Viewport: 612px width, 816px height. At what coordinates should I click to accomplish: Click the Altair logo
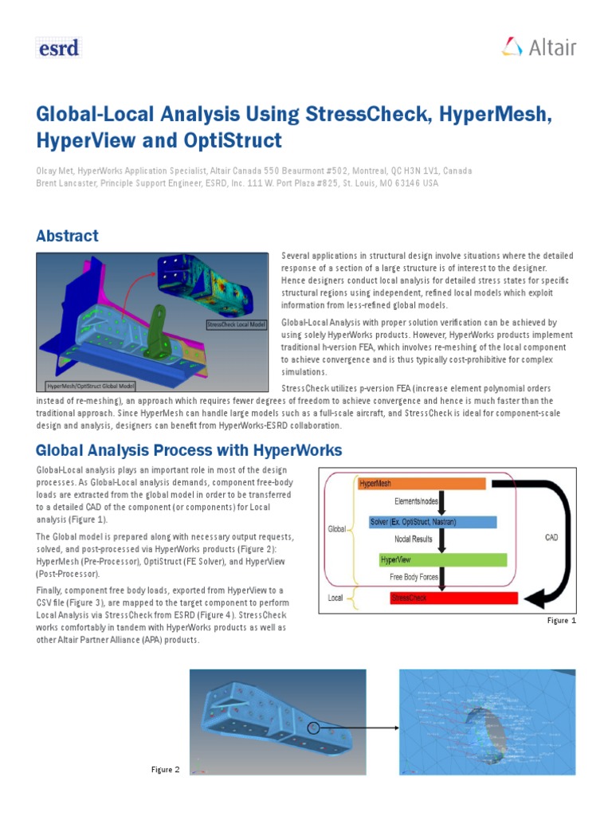pos(539,47)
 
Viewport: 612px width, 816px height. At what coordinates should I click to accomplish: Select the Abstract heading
pos(68,236)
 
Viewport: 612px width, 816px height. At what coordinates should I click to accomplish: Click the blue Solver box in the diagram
pos(433,522)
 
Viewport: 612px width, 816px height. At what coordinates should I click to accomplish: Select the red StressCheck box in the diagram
pos(453,598)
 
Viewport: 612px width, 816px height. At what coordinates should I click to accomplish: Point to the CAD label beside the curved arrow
pos(551,537)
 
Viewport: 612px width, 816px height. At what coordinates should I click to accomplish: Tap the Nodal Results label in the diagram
pos(414,539)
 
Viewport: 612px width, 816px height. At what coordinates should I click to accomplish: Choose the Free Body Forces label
pos(415,577)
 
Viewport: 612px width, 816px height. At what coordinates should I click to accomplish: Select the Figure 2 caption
pos(166,769)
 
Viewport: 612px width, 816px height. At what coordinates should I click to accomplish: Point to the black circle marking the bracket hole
pos(313,728)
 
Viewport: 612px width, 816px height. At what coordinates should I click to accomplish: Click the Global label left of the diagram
pos(337,528)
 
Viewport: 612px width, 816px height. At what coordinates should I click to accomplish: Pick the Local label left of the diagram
pos(337,596)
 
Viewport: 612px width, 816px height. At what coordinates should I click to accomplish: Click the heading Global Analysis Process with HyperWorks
pos(189,450)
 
